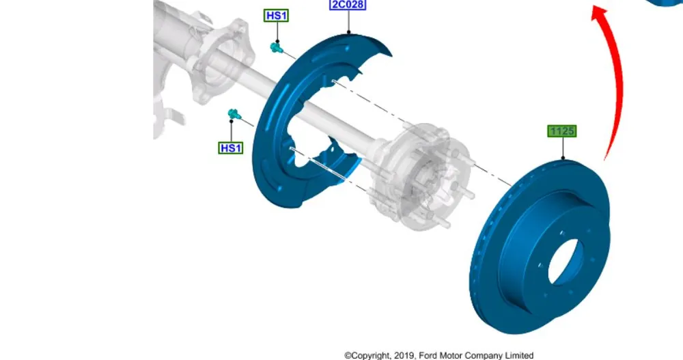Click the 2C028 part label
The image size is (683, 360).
348,5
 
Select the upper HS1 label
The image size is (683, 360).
276,16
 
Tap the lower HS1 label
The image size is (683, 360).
230,148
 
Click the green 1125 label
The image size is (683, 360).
562,131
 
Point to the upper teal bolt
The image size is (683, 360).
276,47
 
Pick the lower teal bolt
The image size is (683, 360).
234,115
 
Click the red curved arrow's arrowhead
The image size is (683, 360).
600,12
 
